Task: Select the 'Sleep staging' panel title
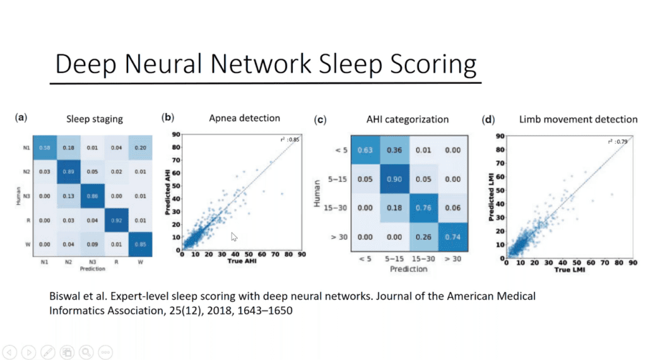95,119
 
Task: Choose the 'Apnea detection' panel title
244,118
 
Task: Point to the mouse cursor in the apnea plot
234,236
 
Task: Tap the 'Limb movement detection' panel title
578,119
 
